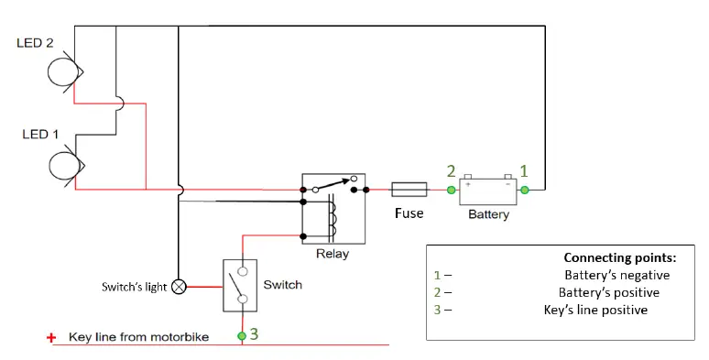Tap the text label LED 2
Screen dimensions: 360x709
[x=36, y=43]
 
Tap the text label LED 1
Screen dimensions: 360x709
[x=40, y=135]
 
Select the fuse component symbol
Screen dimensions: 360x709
[x=408, y=191]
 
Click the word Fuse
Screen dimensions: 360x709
[x=409, y=213]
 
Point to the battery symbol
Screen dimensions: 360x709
[x=487, y=190]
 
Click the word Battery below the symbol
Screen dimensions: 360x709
[x=488, y=215]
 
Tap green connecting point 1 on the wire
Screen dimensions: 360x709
[x=525, y=190]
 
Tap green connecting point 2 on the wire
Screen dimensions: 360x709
[x=451, y=190]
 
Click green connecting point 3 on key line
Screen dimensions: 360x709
[x=243, y=336]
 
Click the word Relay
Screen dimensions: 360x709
[x=332, y=254]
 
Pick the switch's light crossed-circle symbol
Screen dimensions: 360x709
[x=179, y=287]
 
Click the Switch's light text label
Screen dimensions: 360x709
[x=134, y=287]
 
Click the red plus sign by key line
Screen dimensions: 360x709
[x=52, y=338]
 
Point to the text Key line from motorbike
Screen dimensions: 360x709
[x=138, y=337]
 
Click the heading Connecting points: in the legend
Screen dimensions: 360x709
[x=619, y=257]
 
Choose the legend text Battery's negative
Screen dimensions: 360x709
[x=616, y=275]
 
